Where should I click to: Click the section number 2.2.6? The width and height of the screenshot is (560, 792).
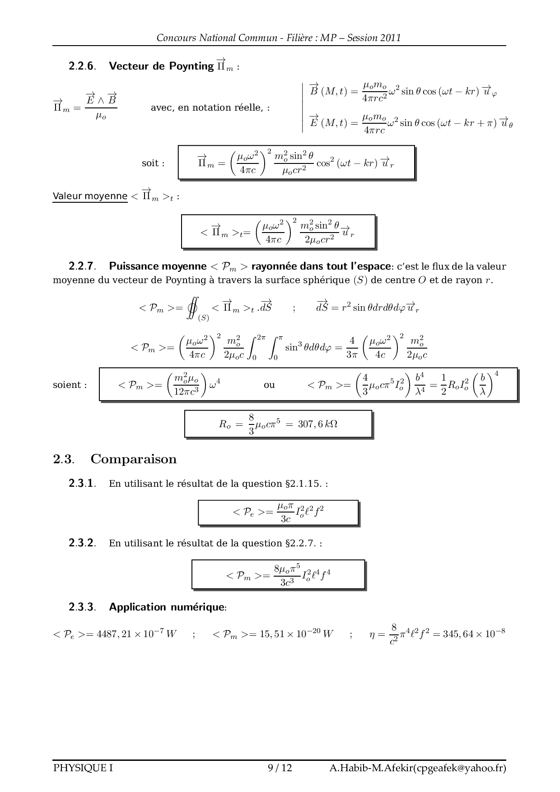82,66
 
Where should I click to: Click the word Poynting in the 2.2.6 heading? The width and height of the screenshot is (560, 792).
191,66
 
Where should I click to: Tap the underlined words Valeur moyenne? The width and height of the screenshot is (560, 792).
90,196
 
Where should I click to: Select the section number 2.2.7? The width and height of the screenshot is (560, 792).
82,266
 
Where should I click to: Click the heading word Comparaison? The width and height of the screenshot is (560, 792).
133,459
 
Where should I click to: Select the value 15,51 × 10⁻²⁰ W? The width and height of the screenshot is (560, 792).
296,634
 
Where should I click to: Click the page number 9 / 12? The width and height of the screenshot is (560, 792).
280,768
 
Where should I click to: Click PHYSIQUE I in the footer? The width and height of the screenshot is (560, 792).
83,768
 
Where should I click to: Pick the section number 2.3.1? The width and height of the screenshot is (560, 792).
82,484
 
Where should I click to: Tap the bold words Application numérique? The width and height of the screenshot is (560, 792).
167,607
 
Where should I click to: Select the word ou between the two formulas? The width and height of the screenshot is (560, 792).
269,385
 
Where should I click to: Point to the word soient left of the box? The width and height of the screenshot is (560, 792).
70,385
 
